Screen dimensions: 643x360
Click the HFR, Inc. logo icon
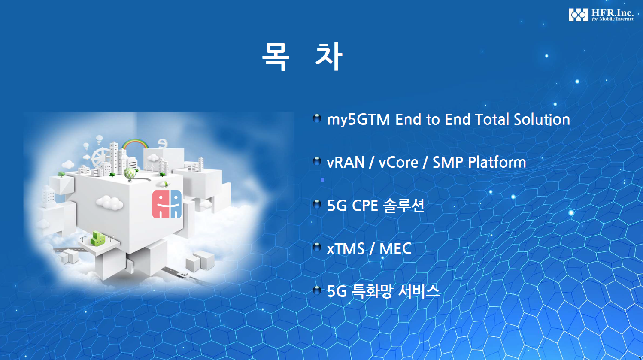click(578, 15)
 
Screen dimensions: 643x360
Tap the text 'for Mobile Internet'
click(612, 19)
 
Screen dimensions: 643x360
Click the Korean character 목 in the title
click(275, 56)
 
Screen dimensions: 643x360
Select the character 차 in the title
click(329, 56)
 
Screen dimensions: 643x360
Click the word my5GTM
click(358, 120)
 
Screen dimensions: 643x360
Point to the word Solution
click(542, 119)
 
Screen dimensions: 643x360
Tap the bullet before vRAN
click(317, 161)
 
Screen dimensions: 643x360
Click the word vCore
click(398, 163)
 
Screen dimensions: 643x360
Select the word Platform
click(497, 162)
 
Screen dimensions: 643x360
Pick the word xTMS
click(346, 249)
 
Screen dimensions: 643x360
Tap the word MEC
click(396, 249)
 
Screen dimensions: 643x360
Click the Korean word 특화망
click(372, 291)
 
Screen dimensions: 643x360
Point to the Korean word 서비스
click(419, 291)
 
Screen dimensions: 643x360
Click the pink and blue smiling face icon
click(167, 204)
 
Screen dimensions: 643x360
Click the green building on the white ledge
click(98, 239)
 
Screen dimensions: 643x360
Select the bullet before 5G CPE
click(317, 205)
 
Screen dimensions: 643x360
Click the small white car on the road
click(182, 275)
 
